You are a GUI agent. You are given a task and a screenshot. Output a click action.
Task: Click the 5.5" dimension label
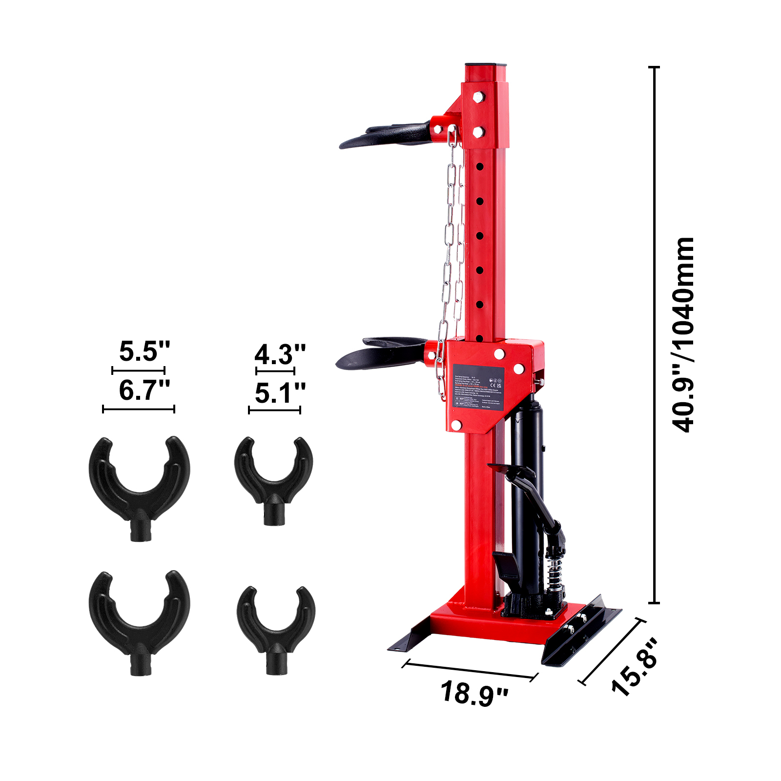coord(144,351)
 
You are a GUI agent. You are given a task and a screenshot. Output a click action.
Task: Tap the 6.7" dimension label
coord(144,390)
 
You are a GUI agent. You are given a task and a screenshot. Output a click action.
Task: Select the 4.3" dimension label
coord(280,354)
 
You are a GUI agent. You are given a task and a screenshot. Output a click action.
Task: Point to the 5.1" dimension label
coord(280,393)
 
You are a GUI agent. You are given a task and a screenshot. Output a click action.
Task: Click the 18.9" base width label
coord(474,693)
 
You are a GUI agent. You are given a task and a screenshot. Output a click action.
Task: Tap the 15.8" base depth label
coord(635,667)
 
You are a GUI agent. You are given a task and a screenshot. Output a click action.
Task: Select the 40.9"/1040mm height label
coord(682,335)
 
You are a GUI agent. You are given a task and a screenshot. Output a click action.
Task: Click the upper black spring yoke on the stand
coord(386,136)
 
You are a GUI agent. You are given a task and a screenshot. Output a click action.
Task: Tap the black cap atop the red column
coord(486,65)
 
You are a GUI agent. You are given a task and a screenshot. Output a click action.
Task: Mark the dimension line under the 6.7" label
coord(139,409)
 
